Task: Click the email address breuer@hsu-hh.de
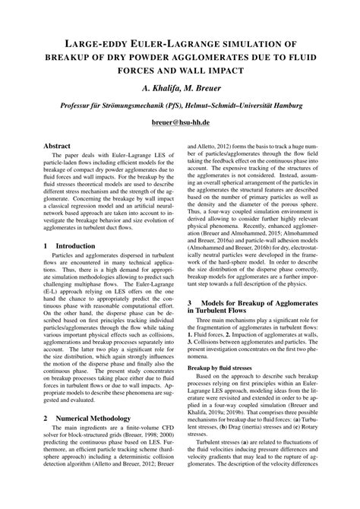pyautogui.click(x=180, y=120)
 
